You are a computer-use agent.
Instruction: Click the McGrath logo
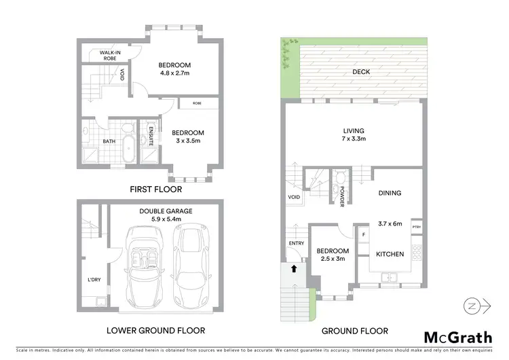click(458, 337)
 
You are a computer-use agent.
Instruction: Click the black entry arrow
click(294, 268)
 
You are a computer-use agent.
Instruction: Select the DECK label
click(362, 71)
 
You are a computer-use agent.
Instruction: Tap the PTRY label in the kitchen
click(417, 228)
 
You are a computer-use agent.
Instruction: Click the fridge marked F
click(363, 236)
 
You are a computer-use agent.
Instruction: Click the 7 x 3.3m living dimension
click(354, 139)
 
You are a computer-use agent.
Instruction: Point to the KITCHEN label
click(390, 254)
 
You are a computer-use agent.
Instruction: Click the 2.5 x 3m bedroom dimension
click(333, 259)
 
